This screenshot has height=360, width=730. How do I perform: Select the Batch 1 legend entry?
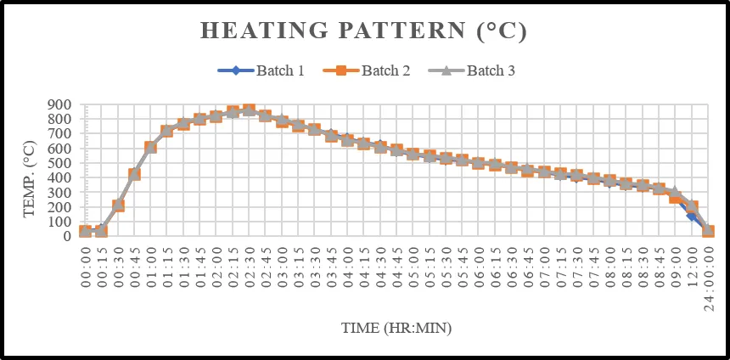click(261, 70)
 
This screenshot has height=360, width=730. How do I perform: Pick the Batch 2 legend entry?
click(367, 70)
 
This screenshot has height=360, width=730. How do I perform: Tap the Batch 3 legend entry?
click(472, 70)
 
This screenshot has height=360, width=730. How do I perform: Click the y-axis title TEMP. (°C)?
click(30, 177)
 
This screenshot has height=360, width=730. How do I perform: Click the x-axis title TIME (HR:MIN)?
click(396, 328)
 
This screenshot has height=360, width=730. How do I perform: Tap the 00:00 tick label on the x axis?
click(85, 267)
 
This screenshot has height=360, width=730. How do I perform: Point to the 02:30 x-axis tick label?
click(249, 267)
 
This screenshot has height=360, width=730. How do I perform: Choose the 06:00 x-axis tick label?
click(478, 267)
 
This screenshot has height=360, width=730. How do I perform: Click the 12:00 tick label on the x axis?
click(691, 267)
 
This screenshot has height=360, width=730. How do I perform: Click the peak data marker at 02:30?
click(249, 110)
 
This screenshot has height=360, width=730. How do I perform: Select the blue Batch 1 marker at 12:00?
click(691, 216)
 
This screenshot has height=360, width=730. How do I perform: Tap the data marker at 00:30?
click(118, 205)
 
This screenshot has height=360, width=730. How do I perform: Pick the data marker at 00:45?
click(135, 174)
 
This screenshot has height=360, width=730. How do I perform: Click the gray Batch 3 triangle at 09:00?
click(675, 191)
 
